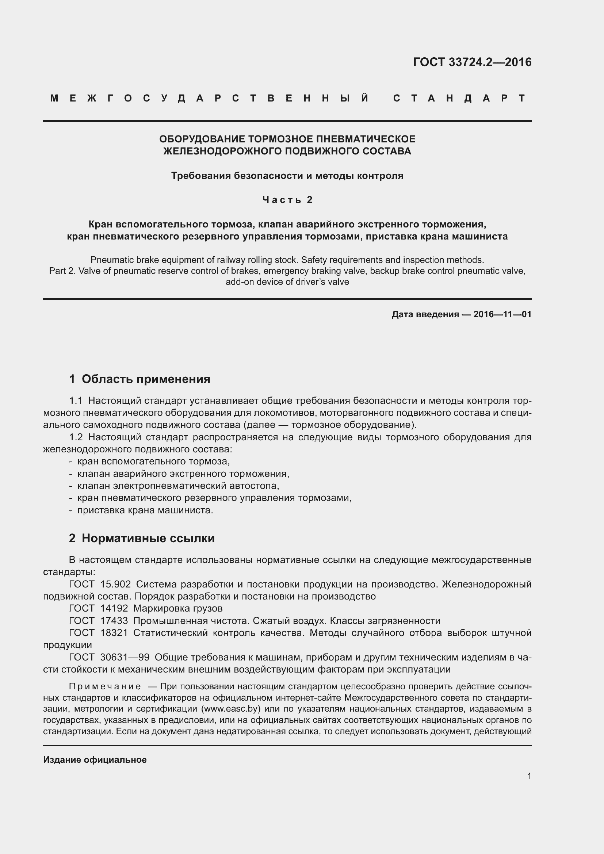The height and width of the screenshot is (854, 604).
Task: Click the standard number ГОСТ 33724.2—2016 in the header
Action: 472,62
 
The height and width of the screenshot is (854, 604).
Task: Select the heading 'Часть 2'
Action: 287,200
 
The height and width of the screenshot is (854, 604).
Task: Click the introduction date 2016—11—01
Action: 502,314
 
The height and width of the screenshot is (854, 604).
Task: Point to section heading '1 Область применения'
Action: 139,379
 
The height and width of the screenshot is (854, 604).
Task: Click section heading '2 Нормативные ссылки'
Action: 142,538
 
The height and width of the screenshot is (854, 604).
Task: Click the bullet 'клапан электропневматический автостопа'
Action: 178,486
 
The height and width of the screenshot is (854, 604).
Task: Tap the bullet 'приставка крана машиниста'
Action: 145,510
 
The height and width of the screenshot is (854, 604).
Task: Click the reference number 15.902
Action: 115,584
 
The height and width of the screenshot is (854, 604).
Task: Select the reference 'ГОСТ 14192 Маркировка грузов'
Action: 146,609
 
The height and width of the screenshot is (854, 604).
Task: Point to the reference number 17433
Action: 114,621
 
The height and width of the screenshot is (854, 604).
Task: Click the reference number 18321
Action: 114,633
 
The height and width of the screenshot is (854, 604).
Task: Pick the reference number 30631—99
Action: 125,657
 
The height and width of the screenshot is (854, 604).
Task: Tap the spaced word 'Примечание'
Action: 105,686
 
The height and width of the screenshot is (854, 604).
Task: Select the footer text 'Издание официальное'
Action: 95,760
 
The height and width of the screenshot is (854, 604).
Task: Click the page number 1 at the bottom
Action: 529,776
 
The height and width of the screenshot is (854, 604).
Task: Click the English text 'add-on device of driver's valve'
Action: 287,282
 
